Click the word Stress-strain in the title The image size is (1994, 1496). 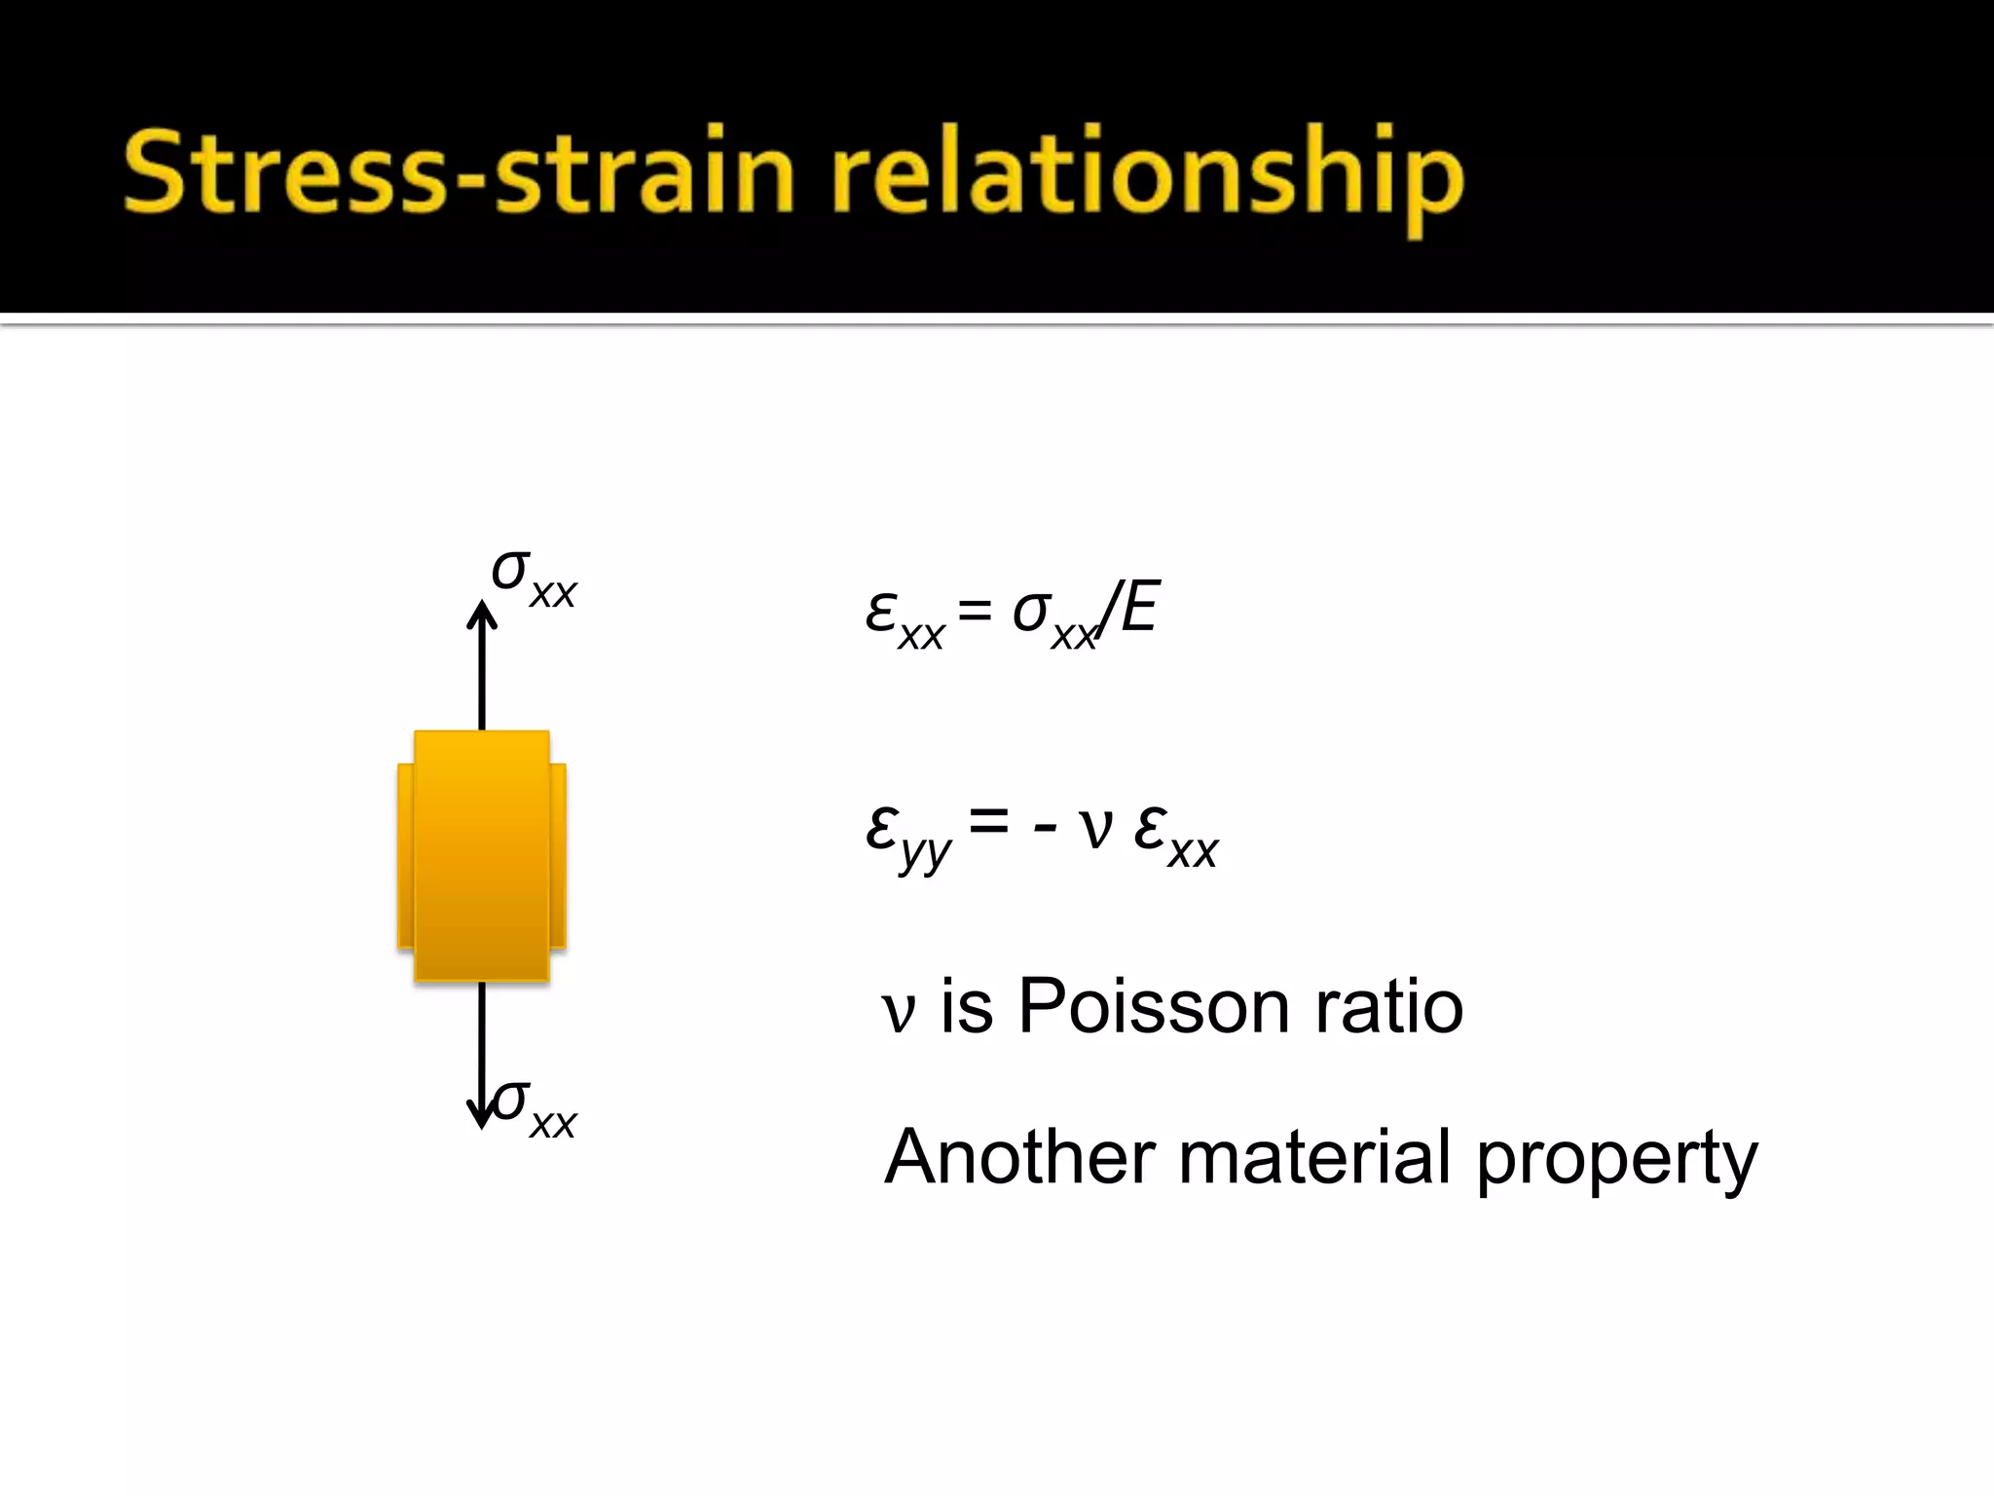point(458,173)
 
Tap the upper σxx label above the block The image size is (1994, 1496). point(534,578)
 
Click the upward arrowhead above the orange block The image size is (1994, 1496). point(482,614)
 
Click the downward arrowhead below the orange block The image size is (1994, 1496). point(481,1114)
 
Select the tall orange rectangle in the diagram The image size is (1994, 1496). point(482,855)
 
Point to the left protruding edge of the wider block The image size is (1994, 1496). point(405,855)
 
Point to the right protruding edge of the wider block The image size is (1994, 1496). point(558,855)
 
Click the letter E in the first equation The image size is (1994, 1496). point(1139,608)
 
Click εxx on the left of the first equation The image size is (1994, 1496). point(904,619)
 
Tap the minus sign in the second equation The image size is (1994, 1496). point(1045,830)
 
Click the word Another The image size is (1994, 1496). point(1021,1156)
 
